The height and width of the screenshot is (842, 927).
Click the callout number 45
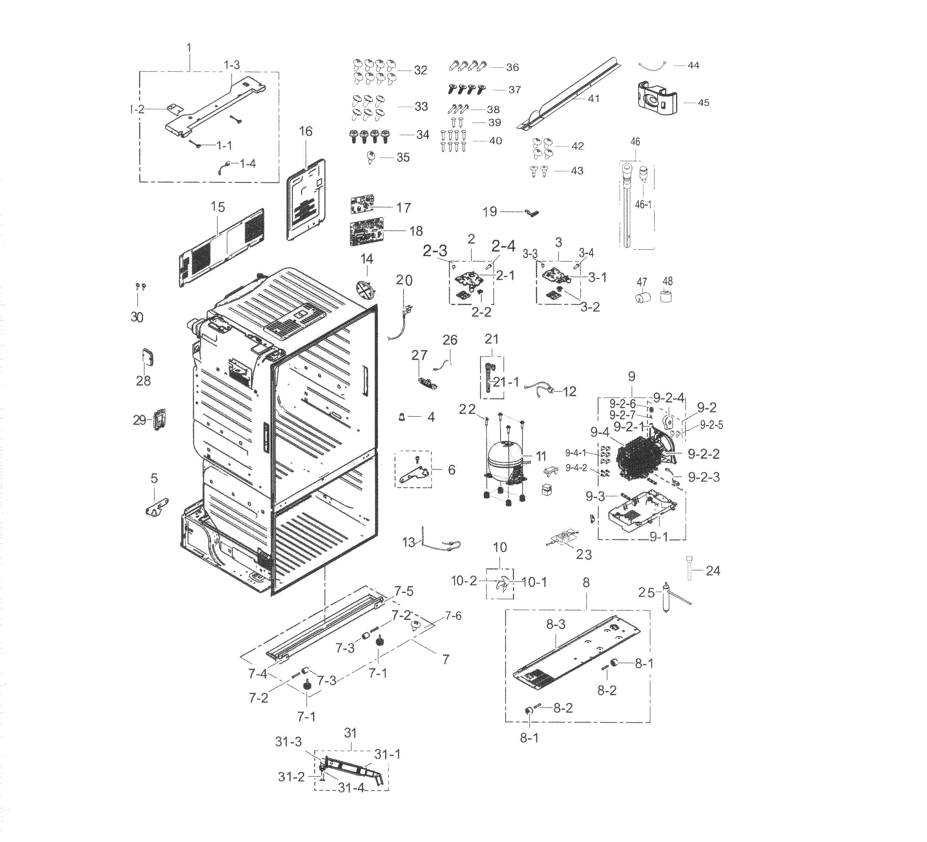(x=703, y=103)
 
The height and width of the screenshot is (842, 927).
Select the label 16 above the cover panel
(x=305, y=131)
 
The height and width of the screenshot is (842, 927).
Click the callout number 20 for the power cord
(x=404, y=280)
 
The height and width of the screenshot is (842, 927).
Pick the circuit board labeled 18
(x=367, y=233)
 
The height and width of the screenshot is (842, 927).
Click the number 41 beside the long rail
(x=593, y=98)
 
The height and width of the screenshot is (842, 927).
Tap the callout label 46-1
(x=643, y=204)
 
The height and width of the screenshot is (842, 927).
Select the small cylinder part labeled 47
(x=642, y=298)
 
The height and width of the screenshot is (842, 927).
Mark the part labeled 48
(x=666, y=296)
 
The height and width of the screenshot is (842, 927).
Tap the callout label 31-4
(x=351, y=788)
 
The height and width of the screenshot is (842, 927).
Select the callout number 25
(x=646, y=593)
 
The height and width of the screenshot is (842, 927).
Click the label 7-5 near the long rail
(x=403, y=591)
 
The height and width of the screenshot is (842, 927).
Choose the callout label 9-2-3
(x=703, y=477)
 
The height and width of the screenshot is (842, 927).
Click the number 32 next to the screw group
(x=420, y=70)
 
